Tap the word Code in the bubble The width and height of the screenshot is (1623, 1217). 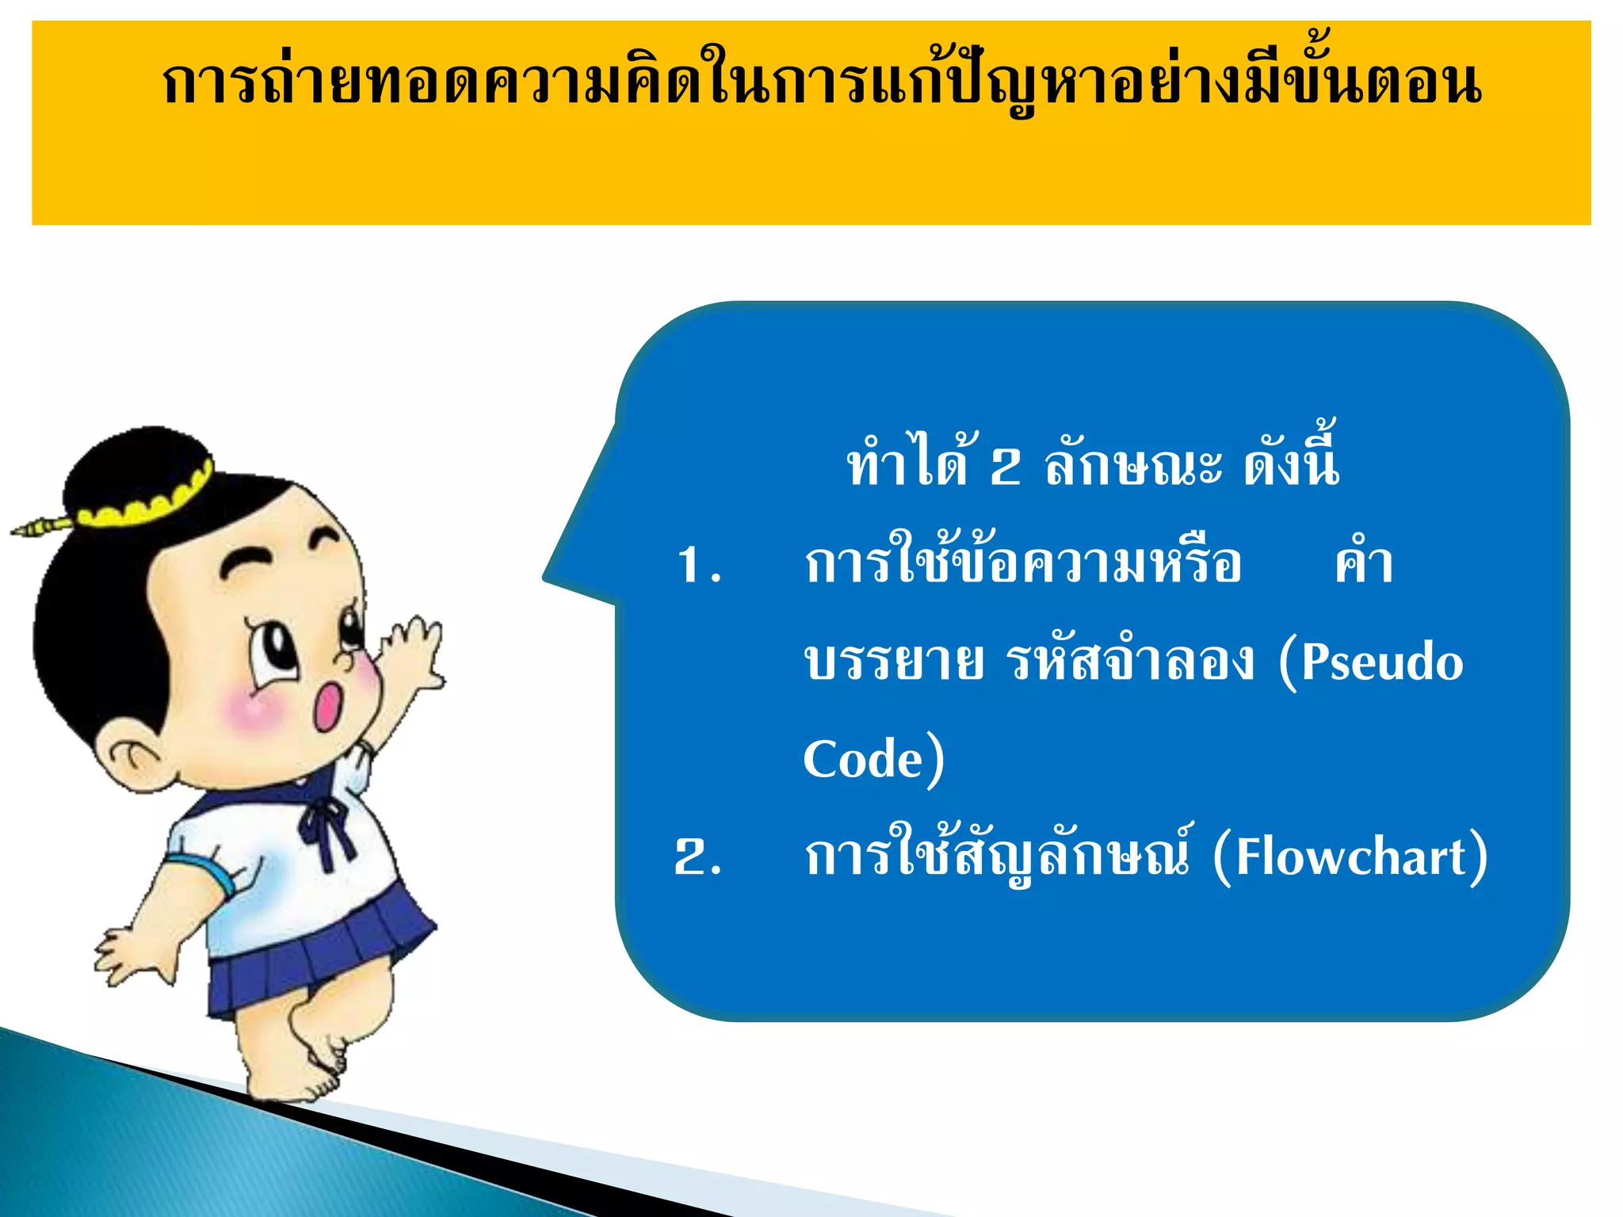[863, 759]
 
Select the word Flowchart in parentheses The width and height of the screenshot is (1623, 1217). [1351, 857]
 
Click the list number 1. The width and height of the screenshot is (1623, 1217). [698, 566]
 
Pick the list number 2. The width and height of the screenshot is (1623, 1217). [697, 857]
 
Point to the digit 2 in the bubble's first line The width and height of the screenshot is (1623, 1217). [1005, 467]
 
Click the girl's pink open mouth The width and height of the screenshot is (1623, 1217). [327, 705]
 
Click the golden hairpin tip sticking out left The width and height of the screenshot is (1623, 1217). [32, 527]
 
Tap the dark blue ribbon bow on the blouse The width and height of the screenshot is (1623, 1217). [325, 824]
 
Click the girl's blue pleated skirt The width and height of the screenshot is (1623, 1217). [317, 959]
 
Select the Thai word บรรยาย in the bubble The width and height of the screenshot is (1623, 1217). [893, 662]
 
